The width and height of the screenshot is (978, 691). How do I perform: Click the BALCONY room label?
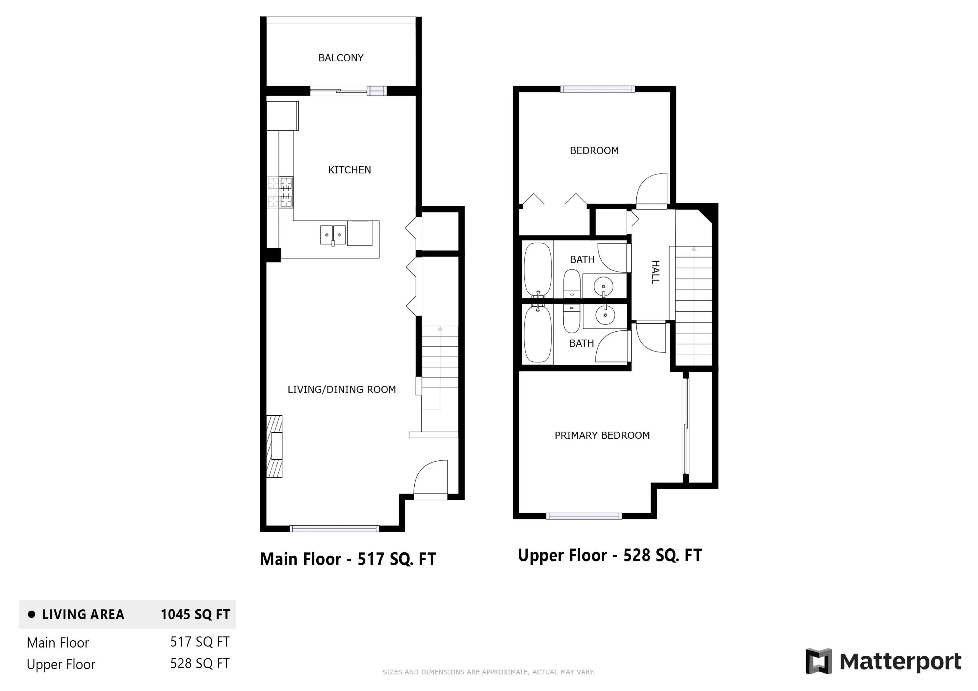(341, 58)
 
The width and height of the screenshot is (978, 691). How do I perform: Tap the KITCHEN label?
(349, 170)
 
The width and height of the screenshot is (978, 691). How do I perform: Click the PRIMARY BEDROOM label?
(602, 435)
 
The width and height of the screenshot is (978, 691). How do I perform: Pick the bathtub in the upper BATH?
(538, 270)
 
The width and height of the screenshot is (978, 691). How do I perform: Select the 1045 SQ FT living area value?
(195, 614)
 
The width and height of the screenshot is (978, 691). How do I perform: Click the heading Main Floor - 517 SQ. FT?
(348, 559)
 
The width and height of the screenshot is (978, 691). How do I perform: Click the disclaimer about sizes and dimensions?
(488, 672)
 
